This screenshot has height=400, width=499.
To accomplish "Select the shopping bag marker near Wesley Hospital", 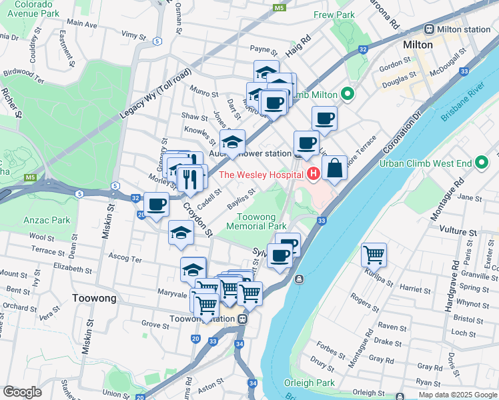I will (335, 168).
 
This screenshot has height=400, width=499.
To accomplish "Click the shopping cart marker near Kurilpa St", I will (374, 255).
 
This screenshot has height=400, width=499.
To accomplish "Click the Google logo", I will (22, 392).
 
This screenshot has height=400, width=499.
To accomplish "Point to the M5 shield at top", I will (280, 8).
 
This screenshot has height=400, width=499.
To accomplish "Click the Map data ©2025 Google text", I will (457, 394).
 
